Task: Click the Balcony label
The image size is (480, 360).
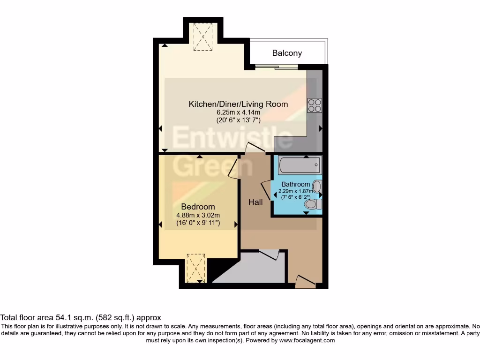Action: (287, 53)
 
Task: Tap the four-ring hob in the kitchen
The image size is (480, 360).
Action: (315, 105)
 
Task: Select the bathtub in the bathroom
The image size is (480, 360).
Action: (299, 165)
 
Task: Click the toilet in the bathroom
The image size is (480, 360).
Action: (312, 204)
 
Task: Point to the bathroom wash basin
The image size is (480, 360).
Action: (317, 187)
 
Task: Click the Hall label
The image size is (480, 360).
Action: (255, 202)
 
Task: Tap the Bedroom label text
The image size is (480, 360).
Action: (198, 207)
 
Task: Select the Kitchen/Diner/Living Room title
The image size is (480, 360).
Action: (238, 104)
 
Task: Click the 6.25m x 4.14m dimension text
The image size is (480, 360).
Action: (238, 112)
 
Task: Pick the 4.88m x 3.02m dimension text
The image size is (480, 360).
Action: (198, 215)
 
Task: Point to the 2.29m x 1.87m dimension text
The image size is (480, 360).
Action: (293, 191)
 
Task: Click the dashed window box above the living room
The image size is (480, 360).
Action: (202, 37)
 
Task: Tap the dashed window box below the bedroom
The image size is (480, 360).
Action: (195, 268)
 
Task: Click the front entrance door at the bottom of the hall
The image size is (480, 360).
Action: (305, 281)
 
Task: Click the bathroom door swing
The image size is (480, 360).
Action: (266, 190)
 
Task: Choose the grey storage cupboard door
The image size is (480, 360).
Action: (269, 255)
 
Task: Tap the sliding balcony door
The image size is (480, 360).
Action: (277, 67)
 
